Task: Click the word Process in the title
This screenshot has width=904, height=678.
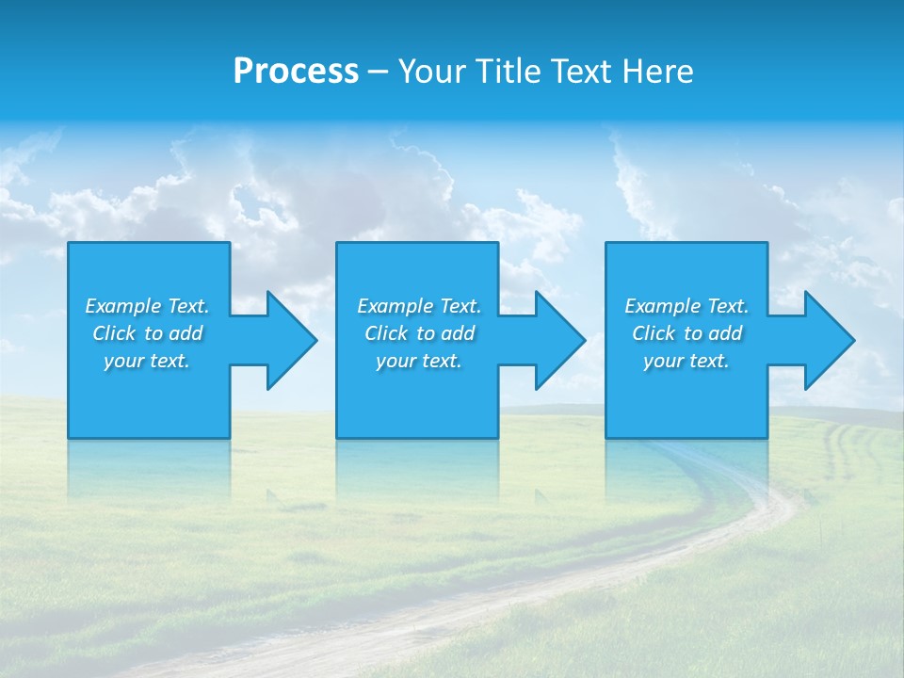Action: [296, 72]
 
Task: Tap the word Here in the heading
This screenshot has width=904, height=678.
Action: [658, 72]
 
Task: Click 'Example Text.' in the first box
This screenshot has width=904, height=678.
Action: [147, 306]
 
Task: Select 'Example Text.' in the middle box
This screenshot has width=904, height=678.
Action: [419, 306]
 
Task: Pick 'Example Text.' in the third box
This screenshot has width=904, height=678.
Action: [686, 306]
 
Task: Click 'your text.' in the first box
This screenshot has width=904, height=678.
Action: [147, 361]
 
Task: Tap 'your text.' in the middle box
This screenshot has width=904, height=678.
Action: [419, 361]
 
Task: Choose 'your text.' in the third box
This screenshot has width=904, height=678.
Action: [686, 361]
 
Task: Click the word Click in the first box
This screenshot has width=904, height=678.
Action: [114, 333]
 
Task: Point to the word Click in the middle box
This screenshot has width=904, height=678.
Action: [386, 333]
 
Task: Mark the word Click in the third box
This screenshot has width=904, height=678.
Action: [654, 333]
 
